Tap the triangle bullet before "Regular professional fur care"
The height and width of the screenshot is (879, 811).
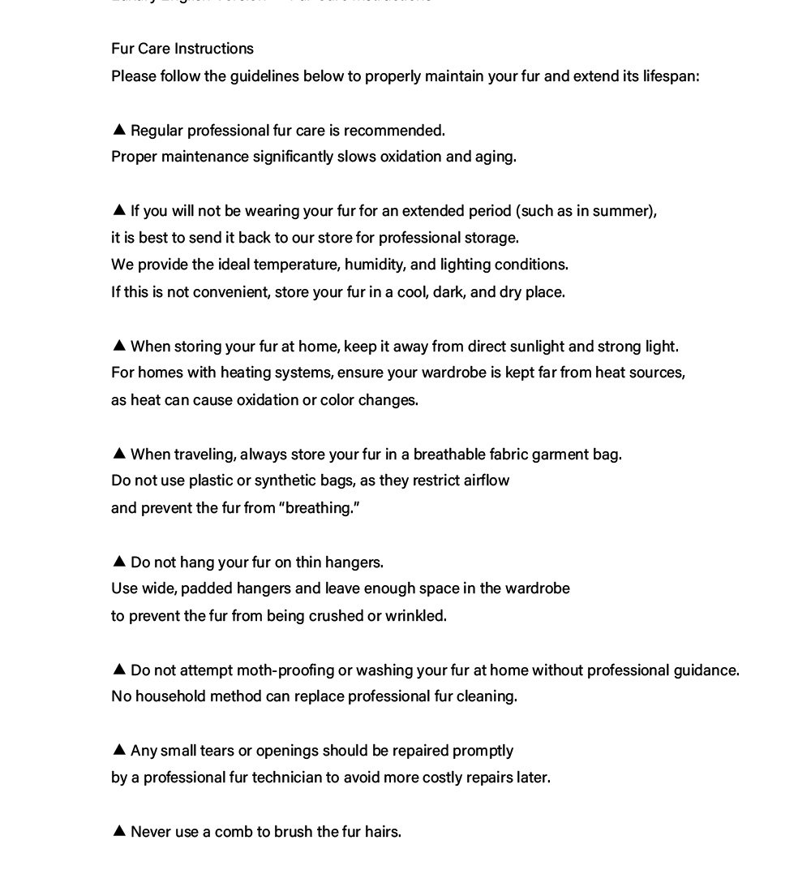click(119, 129)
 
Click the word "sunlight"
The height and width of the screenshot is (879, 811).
click(536, 347)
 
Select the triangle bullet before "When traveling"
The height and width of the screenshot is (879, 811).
click(119, 453)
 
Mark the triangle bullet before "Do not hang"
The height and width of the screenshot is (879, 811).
click(119, 561)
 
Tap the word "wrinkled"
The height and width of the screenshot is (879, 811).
click(415, 616)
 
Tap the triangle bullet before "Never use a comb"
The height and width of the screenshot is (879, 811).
click(119, 830)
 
